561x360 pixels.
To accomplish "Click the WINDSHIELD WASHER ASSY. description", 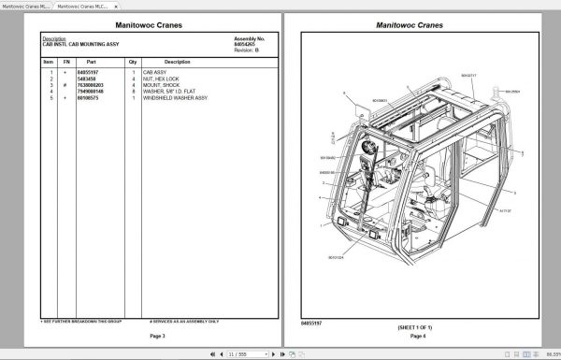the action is pyautogui.click(x=176, y=97).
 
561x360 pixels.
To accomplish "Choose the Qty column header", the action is pyautogui.click(x=134, y=61).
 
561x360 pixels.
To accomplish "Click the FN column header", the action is pyautogui.click(x=65, y=61).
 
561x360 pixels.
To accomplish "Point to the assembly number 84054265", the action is pyautogui.click(x=245, y=42).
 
